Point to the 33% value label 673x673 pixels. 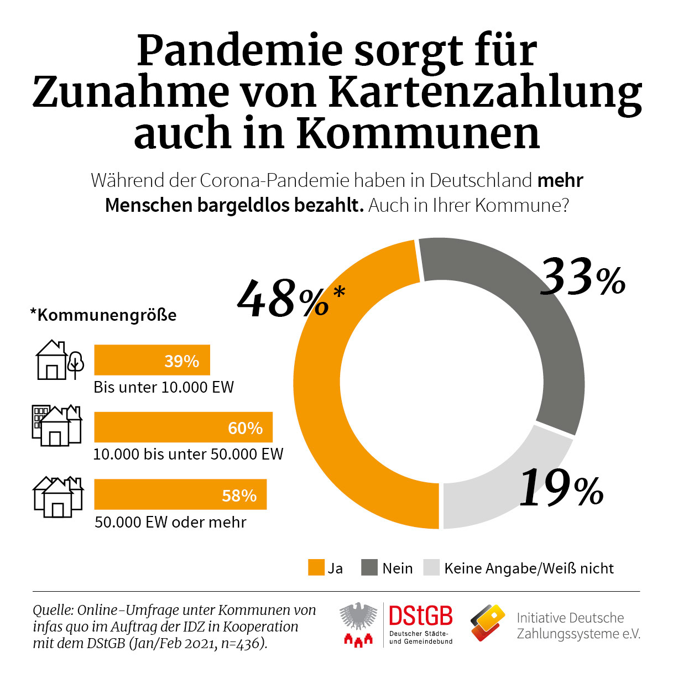582,277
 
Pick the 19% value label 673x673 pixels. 561,487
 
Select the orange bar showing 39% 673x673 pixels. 152,360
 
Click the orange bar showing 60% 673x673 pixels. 183,427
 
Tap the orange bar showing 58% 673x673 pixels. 180,494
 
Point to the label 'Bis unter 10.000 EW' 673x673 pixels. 164,387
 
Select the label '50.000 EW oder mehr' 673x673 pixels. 170,522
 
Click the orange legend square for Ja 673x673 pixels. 316,568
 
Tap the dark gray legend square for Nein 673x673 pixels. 369,568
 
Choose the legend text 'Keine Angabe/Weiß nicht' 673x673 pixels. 529,568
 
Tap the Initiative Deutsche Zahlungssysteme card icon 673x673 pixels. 488,623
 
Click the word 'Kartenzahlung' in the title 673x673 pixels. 484,92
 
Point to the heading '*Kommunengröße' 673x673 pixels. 103,315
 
